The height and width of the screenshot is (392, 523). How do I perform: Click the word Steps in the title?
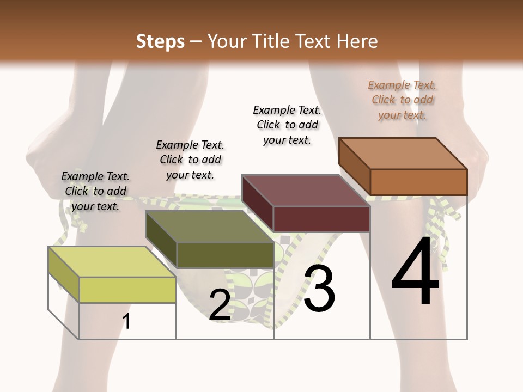(160, 41)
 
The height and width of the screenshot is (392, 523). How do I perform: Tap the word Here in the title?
(356, 41)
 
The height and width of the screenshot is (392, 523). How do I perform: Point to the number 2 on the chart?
(220, 305)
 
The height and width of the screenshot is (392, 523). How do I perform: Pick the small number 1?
(126, 322)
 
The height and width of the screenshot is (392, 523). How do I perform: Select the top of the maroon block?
(306, 191)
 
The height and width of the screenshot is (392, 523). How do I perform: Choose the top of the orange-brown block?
(403, 154)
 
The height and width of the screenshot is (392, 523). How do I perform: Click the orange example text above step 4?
(402, 100)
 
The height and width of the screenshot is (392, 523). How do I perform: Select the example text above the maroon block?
(287, 125)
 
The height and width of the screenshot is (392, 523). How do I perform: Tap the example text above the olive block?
(190, 160)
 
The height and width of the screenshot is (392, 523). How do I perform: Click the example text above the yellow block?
(95, 191)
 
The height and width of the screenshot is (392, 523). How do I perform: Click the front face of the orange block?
(418, 182)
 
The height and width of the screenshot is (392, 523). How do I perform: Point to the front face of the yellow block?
(127, 290)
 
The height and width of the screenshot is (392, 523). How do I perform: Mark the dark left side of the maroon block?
(257, 204)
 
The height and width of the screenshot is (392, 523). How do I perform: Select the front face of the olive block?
(224, 255)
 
